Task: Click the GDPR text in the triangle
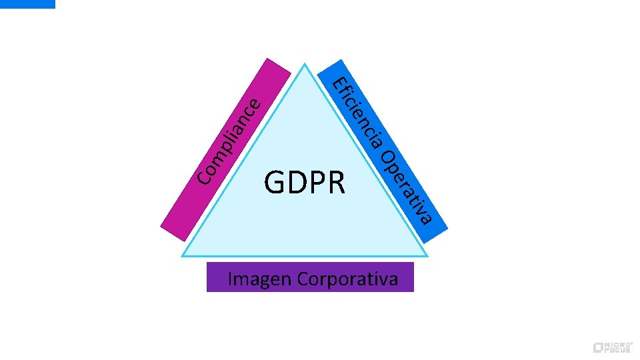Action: coord(305,183)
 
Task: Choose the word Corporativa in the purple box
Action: coord(349,278)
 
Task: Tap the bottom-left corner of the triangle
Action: coord(184,255)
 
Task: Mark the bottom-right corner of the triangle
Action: coord(425,255)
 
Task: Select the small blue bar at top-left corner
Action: coord(27,3)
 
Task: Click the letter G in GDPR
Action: coord(275,183)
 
